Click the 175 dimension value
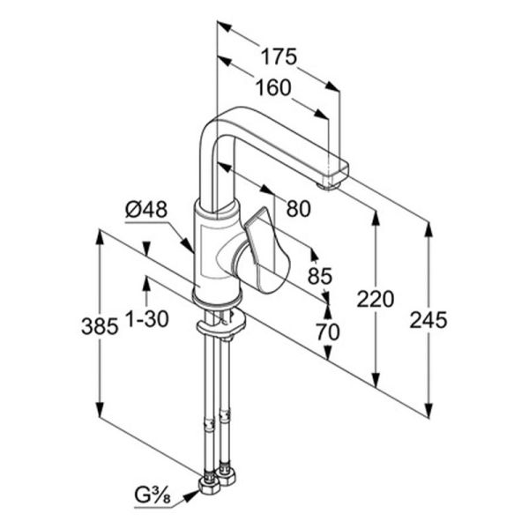pyautogui.click(x=279, y=56)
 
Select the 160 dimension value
pyautogui.click(x=273, y=87)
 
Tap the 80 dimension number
pyautogui.click(x=298, y=208)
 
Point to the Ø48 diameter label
pyautogui.click(x=146, y=209)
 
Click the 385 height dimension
pyautogui.click(x=100, y=326)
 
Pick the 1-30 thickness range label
pyautogui.click(x=147, y=318)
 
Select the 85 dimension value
pyautogui.click(x=320, y=276)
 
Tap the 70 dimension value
pyautogui.click(x=328, y=332)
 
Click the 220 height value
pyautogui.click(x=376, y=299)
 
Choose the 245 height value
pyautogui.click(x=428, y=320)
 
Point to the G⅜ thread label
pyautogui.click(x=153, y=495)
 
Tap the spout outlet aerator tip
pyautogui.click(x=328, y=185)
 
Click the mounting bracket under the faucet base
pyautogui.click(x=222, y=324)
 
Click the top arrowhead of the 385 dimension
pyautogui.click(x=100, y=237)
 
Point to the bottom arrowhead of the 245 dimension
pyautogui.click(x=428, y=411)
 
